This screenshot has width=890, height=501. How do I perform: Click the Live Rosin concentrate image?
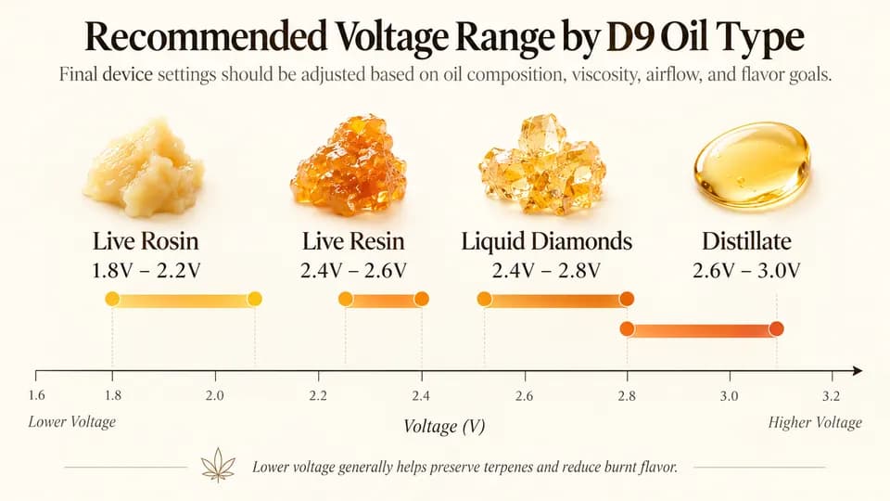(144, 167)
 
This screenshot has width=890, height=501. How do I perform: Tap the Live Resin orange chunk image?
(349, 165)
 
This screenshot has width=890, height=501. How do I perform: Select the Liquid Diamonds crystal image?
(542, 164)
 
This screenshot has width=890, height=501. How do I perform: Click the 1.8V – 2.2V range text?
(146, 270)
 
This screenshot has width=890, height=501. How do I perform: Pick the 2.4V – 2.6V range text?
(353, 270)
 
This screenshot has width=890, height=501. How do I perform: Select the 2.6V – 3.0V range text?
(746, 270)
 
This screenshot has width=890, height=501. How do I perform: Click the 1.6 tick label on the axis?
(36, 395)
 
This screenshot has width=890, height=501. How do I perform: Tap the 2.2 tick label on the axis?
(318, 395)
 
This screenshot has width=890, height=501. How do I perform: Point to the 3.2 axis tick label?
(831, 395)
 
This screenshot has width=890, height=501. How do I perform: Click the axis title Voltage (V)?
(444, 427)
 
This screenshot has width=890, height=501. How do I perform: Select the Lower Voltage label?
(72, 422)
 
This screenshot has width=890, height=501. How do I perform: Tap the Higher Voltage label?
(815, 423)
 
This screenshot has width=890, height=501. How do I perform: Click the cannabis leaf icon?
(218, 465)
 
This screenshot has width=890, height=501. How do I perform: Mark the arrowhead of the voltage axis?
(857, 371)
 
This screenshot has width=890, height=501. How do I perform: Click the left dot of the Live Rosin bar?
(112, 299)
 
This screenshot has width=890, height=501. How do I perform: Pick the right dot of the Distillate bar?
(777, 328)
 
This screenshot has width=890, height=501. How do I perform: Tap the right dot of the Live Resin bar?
(422, 299)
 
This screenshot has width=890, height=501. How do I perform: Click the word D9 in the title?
(629, 37)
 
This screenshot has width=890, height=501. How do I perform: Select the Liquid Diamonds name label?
(547, 241)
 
